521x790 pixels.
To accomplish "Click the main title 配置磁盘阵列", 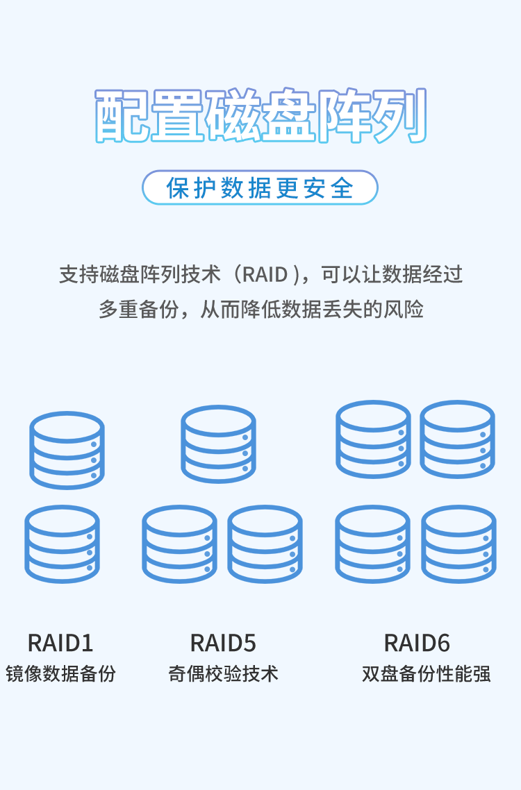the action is point(260,116).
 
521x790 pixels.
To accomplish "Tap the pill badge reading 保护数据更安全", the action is point(260,188).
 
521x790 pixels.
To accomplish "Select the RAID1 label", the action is point(60,643).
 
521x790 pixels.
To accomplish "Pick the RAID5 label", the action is point(223,643).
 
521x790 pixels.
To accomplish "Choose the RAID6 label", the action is point(417,643).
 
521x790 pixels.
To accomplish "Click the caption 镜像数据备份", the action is point(60,673).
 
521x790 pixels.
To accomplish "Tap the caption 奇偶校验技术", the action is point(223,673).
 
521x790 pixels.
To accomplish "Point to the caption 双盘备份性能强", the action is point(426,673).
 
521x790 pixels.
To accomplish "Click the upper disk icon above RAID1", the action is point(67,450).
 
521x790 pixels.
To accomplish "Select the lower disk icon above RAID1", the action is point(62,544).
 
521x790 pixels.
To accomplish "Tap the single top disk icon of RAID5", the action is point(218,444).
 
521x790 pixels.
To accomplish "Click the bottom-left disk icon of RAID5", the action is point(179,544).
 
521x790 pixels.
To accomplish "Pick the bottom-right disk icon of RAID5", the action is point(265,544).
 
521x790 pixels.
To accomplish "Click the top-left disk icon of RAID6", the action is point(373,439).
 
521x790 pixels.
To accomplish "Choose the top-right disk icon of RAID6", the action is point(457,439).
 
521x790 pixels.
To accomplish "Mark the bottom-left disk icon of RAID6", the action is point(372,544).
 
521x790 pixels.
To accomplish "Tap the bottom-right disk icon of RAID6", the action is point(458,544).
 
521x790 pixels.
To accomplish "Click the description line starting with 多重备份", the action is point(260,310).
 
